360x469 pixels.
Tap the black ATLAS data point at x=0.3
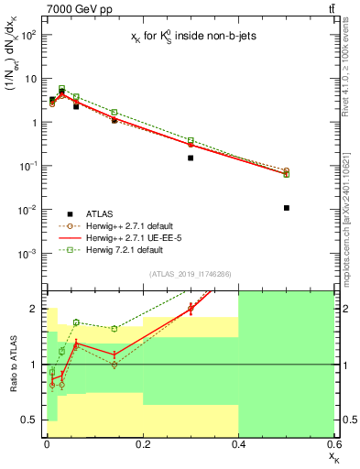191,158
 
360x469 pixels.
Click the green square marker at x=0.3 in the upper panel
191,140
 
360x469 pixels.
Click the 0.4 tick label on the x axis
238,445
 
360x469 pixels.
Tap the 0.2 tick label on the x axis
142,445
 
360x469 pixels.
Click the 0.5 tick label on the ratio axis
29,420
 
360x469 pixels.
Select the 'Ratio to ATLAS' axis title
11,364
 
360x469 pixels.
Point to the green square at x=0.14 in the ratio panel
115,328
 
